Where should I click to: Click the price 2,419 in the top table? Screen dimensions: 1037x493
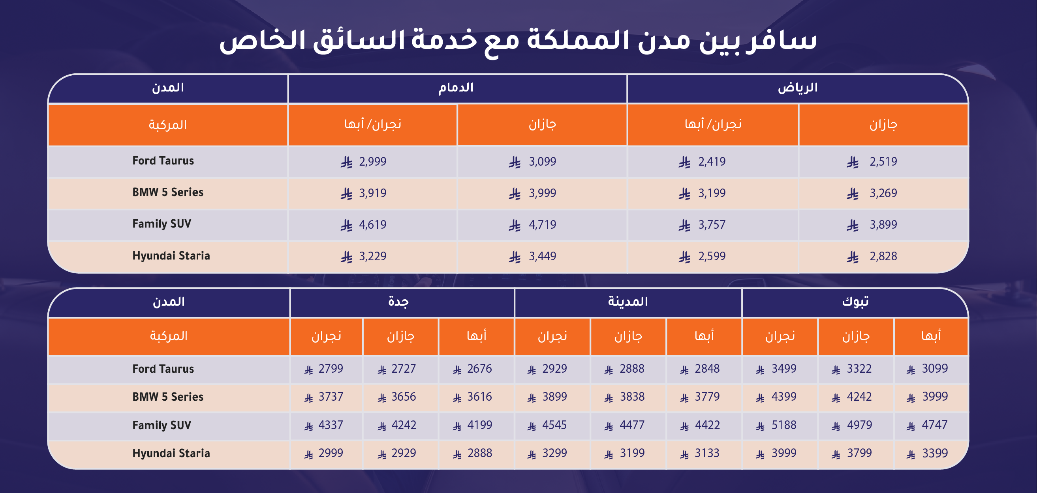point(712,162)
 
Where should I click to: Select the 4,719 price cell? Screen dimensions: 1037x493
point(542,225)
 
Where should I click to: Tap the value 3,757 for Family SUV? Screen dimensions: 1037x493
point(712,225)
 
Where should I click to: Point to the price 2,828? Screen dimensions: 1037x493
point(883,256)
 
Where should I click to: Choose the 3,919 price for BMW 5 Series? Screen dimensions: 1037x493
point(373,193)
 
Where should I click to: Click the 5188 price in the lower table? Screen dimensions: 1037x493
point(784,425)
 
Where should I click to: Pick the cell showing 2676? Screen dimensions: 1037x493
point(479,369)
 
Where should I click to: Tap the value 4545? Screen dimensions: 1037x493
point(554,425)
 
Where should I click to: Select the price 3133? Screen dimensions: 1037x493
point(707,453)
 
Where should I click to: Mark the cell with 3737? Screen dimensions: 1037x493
point(331,397)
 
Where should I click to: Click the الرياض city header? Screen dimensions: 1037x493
point(797,88)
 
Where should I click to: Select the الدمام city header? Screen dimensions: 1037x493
point(456,88)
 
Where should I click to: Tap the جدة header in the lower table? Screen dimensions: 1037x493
point(398,302)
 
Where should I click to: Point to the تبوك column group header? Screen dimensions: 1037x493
point(855,302)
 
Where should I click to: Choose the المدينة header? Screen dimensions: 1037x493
point(627,302)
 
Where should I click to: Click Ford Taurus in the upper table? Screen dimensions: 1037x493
point(163,161)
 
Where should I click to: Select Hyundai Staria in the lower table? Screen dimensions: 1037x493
point(171,454)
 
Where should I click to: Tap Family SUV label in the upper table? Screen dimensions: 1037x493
point(162,224)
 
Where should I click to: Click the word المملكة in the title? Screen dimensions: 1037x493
point(572,40)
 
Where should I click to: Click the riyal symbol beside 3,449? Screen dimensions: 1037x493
point(515,256)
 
